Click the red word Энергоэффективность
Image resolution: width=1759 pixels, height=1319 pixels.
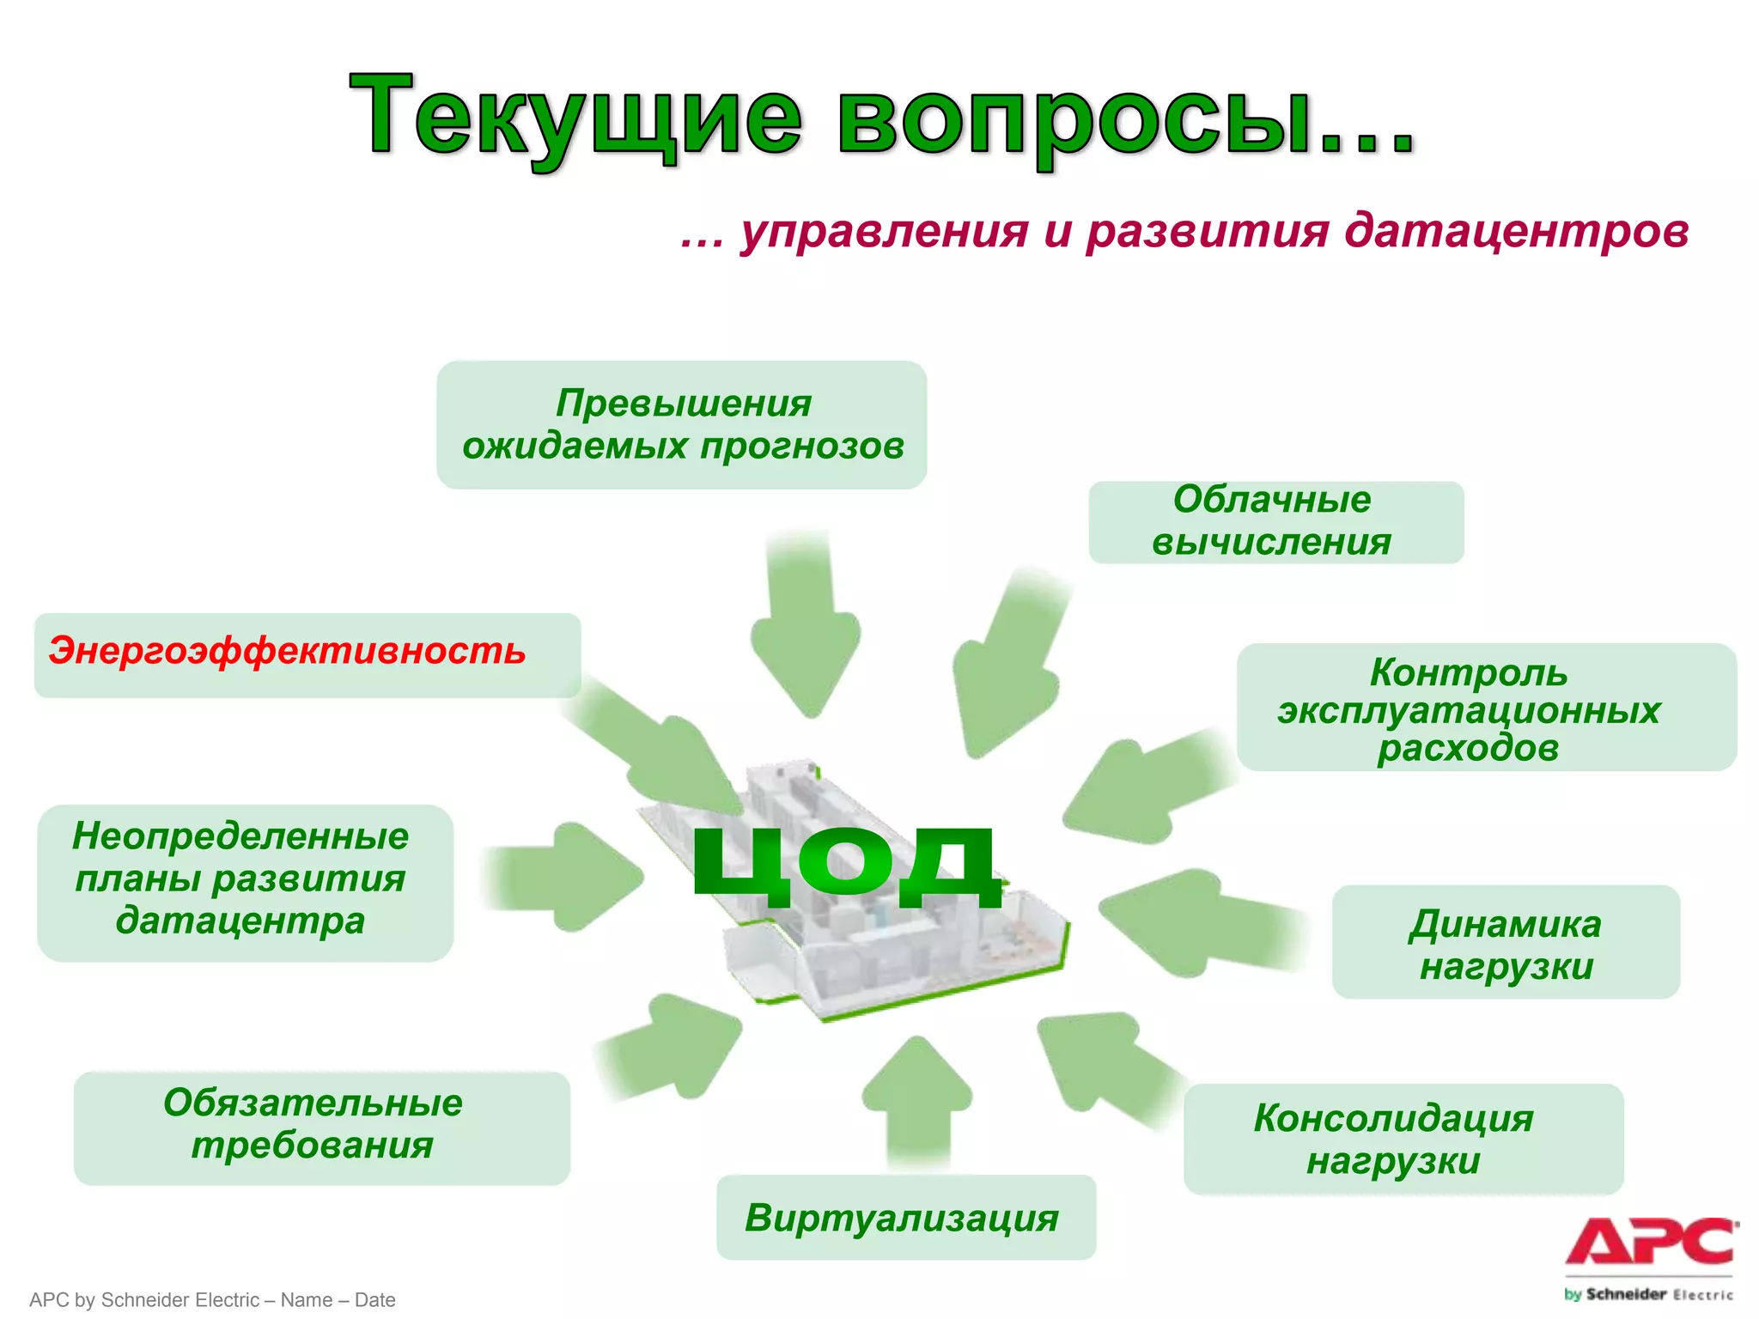pos(287,651)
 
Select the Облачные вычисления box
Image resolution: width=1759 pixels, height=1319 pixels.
pos(1275,521)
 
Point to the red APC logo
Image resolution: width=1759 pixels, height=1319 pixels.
pos(1648,1242)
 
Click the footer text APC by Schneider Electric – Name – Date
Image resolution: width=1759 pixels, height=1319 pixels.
pos(212,1299)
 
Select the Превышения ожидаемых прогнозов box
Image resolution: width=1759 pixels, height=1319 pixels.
pos(682,424)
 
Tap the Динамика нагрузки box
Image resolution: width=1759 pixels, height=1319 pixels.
pos(1506,943)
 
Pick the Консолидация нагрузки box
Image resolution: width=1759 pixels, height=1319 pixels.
pos(1402,1139)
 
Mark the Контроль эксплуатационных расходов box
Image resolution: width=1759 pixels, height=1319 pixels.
pos(1485,708)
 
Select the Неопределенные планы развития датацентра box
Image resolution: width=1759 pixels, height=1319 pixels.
pos(244,881)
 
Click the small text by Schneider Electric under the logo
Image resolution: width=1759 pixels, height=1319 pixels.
pos(1648,1294)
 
